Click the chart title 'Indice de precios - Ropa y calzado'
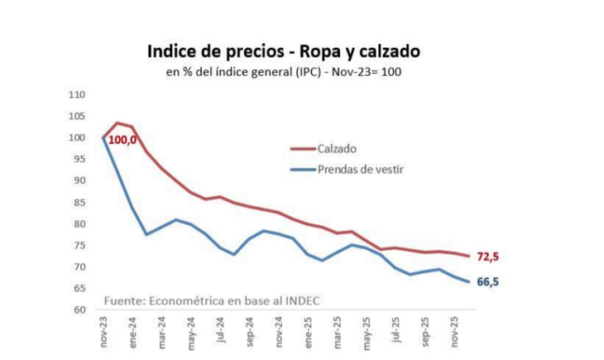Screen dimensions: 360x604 [283, 51]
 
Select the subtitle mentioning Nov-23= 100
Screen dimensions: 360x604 [284, 72]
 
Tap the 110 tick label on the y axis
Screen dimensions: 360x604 [77, 94]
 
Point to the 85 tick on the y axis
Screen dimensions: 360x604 [79, 202]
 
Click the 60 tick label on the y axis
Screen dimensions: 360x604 [79, 310]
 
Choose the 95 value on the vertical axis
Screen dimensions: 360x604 [79, 159]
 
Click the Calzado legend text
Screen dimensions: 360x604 [338, 149]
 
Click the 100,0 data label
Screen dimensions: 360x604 [122, 140]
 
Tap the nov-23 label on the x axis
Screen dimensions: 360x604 [103, 332]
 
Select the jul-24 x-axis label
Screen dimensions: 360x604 [220, 330]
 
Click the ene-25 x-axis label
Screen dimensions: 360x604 [308, 331]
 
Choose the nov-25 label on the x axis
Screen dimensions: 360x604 [453, 332]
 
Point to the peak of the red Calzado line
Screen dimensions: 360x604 [117, 123]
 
